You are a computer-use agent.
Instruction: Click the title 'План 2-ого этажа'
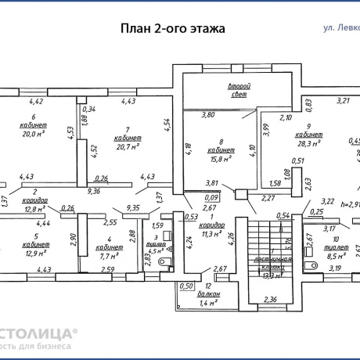click(x=171, y=28)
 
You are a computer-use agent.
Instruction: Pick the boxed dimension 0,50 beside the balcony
click(x=186, y=286)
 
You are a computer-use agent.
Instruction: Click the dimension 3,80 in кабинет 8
click(x=208, y=115)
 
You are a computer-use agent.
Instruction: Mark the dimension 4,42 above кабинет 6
click(x=36, y=101)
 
